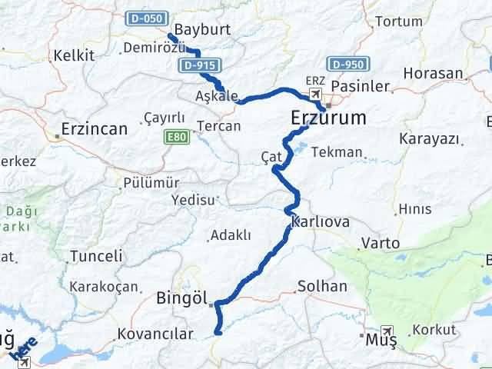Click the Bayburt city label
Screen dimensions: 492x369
203,30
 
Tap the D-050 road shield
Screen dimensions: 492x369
144,17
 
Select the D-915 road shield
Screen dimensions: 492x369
198,66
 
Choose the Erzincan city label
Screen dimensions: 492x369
94,129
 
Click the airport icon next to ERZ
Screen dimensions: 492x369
316,94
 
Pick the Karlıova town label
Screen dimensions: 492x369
321,222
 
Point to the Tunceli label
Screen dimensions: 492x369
96,256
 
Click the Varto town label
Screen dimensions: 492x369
381,243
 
